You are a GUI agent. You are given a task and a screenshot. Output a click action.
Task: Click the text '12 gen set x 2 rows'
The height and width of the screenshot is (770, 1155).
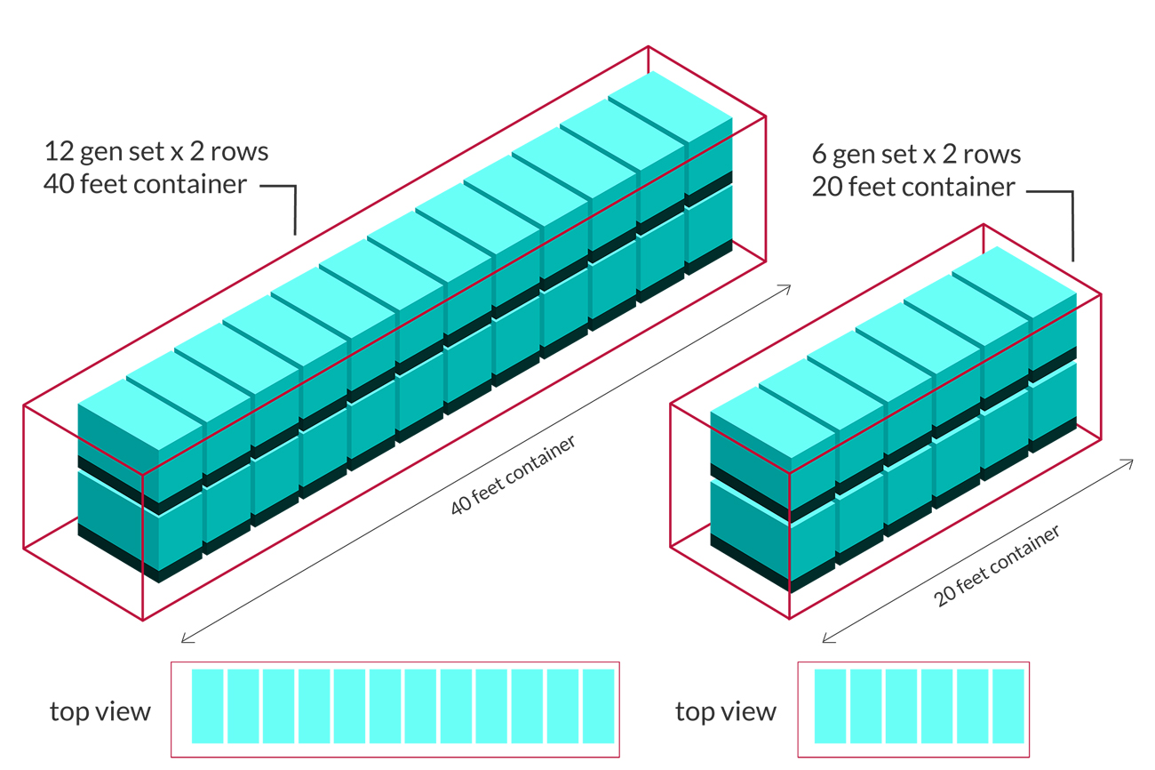tap(155, 151)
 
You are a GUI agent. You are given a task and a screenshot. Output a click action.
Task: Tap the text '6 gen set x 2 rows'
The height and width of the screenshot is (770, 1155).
tap(916, 154)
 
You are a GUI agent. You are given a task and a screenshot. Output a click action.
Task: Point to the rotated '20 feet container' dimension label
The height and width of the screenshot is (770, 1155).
tap(997, 566)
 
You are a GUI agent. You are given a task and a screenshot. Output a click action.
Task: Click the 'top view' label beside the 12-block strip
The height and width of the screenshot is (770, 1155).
tap(100, 711)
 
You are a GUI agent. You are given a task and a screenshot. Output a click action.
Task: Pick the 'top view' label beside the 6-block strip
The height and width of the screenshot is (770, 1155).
tap(725, 711)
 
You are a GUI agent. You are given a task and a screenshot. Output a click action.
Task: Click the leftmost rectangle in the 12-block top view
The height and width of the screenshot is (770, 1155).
tap(207, 706)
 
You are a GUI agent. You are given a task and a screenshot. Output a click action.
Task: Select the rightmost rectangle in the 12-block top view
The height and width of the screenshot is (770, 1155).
tap(599, 706)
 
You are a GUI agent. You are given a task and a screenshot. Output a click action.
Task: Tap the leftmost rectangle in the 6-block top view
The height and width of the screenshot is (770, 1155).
tap(830, 706)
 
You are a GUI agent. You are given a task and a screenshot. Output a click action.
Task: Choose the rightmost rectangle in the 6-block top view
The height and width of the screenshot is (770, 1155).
tap(1008, 706)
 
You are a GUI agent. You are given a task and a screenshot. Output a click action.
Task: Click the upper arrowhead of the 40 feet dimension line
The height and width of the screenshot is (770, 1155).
tap(787, 286)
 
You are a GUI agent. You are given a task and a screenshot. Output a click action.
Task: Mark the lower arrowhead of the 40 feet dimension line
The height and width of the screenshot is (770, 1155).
tap(184, 639)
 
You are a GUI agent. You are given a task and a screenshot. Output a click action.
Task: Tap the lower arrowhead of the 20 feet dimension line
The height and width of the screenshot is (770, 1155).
tap(826, 639)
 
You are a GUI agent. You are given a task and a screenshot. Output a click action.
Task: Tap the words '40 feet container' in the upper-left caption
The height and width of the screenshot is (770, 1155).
tap(145, 185)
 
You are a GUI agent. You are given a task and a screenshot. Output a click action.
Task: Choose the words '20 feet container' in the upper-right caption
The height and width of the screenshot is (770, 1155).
tap(912, 188)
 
